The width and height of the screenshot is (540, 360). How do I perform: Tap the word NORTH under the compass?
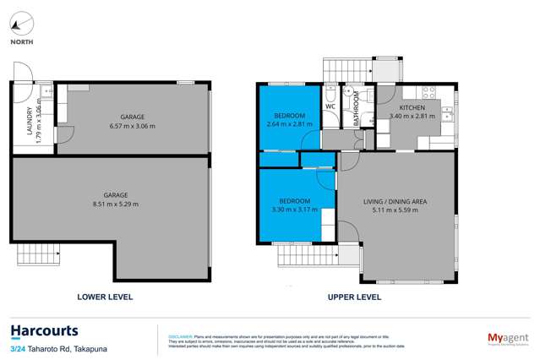tap(23, 41)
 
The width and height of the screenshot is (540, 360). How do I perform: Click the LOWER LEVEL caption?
tap(105, 297)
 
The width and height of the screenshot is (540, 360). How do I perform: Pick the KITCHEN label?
tap(412, 108)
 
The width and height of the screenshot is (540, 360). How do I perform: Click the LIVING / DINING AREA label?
tap(395, 200)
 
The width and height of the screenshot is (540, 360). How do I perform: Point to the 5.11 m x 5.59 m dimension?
tap(395, 209)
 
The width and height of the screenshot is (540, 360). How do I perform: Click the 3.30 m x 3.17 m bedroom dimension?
tap(289, 210)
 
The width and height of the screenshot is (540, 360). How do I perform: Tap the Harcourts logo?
tap(44, 330)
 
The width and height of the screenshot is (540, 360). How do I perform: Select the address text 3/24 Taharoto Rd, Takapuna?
tap(52, 349)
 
